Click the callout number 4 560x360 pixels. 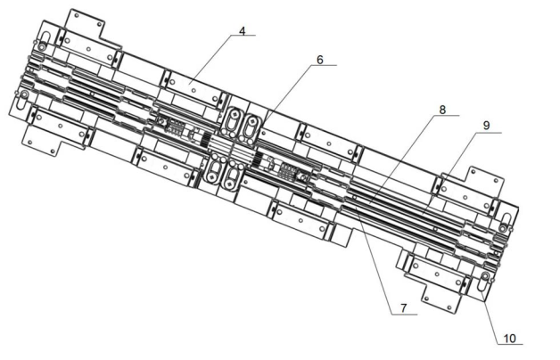pyautogui.click(x=242, y=31)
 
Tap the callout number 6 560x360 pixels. pyautogui.click(x=320, y=61)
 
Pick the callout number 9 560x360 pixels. pyautogui.click(x=487, y=127)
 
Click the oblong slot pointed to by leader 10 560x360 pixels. pyautogui.click(x=483, y=282)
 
